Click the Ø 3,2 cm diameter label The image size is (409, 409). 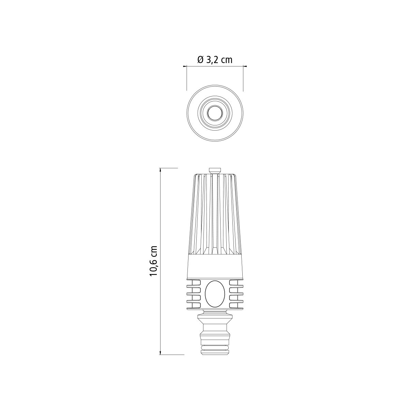pos(215,60)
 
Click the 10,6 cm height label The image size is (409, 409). pos(153,261)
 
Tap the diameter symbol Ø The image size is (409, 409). pos(200,60)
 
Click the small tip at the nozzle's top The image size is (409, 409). pos(215,171)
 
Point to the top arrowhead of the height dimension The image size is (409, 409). pos(161,170)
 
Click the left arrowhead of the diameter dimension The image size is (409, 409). pos(185,66)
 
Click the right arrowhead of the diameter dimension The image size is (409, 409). pos(245,66)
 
